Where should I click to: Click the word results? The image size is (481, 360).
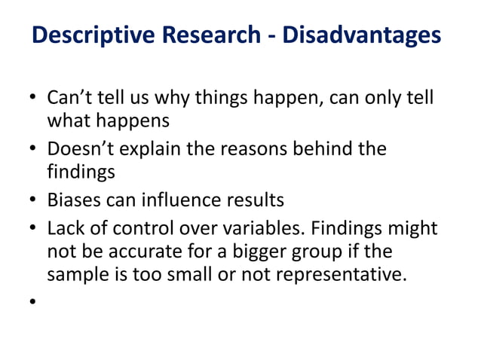click(256, 200)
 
